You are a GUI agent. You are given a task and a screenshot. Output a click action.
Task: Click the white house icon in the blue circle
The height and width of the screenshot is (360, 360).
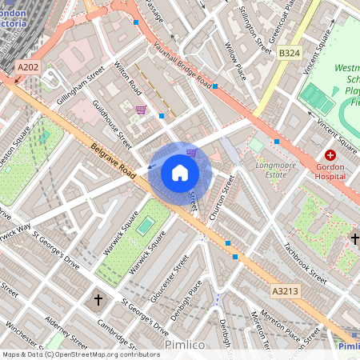point(180,173)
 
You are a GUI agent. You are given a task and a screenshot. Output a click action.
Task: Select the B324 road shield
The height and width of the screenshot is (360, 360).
point(290,54)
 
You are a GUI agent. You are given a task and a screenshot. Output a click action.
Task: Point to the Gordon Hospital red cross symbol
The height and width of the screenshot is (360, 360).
point(329,154)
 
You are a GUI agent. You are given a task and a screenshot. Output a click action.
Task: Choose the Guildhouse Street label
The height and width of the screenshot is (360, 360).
point(111,124)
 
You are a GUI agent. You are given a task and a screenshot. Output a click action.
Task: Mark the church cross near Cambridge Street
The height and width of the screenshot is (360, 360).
point(98,300)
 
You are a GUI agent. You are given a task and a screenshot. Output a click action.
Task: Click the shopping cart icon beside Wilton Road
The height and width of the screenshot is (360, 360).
point(141,110)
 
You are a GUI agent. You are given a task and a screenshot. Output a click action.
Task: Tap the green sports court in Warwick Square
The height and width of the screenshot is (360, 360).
point(144,226)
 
